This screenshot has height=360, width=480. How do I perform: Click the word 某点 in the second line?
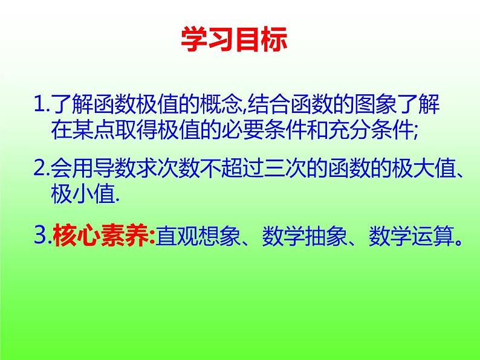[97, 130]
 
